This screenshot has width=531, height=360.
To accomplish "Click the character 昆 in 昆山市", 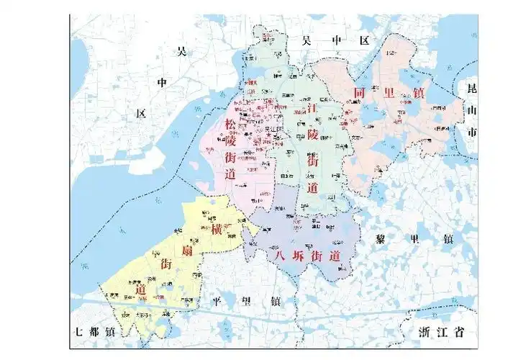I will tap(472, 89).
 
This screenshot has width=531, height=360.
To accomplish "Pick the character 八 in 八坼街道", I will tap(273, 255).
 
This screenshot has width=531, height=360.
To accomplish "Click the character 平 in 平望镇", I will tap(214, 302).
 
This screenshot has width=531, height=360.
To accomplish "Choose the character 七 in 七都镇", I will tap(78, 333).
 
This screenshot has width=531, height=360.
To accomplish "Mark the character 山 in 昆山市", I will tap(472, 112).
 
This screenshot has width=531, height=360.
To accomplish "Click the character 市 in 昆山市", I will tap(472, 134).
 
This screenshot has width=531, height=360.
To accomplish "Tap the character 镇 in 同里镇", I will tap(417, 93).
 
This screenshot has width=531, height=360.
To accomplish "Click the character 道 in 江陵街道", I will tap(312, 188).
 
